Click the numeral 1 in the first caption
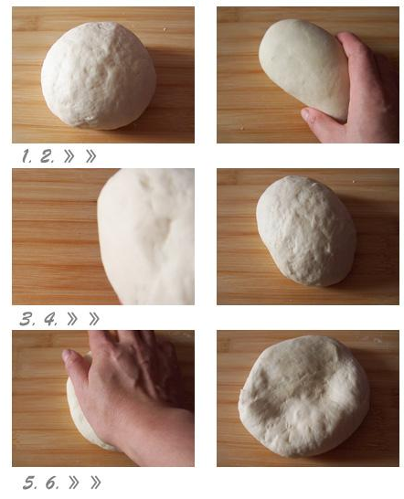coord(26,156)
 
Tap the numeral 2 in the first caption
coord(47,156)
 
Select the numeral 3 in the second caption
coord(27,319)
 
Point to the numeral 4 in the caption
coord(50,319)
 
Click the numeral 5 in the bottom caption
coord(30,483)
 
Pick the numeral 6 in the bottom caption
coord(52,483)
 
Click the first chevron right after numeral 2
coord(69,156)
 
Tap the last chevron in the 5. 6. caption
coord(96,483)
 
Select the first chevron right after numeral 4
coord(72,319)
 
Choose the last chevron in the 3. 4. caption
coord(94,319)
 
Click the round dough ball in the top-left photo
coord(99,76)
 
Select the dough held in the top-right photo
coord(304,68)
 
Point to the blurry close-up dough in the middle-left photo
coord(147,236)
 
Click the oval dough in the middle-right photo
coord(306,230)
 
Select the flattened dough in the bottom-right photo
coord(304,397)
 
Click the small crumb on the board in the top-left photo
coord(165,29)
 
